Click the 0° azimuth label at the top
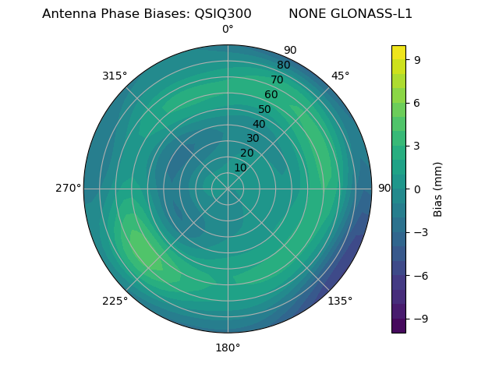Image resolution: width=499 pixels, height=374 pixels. (228, 30)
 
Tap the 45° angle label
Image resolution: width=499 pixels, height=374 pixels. (341, 76)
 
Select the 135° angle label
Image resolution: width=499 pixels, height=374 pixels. (340, 301)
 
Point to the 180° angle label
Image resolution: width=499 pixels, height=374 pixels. (228, 348)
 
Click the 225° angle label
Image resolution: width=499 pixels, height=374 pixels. (115, 302)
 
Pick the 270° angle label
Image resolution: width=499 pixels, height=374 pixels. (68, 188)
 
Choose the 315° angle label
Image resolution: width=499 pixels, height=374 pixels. (115, 76)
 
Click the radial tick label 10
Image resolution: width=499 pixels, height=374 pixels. (240, 168)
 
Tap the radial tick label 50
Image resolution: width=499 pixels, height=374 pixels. (265, 109)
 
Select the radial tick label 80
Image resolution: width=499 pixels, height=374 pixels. (284, 65)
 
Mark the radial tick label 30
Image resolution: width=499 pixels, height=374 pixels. (253, 138)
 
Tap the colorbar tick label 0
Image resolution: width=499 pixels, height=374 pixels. (419, 189)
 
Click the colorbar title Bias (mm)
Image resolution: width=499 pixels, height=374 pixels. (438, 189)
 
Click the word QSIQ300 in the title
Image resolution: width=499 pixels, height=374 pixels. (223, 14)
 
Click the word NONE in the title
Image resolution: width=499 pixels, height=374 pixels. (307, 14)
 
